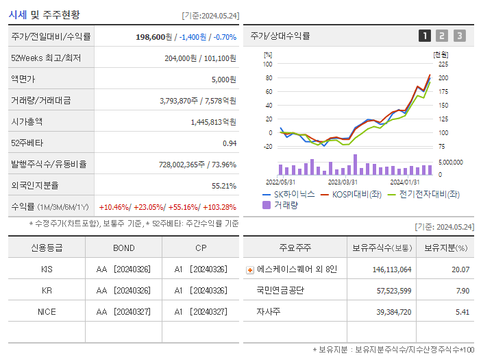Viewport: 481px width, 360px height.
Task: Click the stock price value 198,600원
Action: [x=155, y=37]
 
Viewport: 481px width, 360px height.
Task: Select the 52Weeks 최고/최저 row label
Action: [x=46, y=58]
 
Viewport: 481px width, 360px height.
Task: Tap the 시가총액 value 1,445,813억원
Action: [x=213, y=122]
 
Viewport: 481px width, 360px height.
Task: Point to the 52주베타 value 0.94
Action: [x=229, y=143]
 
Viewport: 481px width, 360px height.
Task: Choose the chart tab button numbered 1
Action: [x=425, y=36]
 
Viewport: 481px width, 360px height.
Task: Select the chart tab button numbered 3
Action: [x=459, y=36]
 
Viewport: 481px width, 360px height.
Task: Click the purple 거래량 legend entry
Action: [x=283, y=205]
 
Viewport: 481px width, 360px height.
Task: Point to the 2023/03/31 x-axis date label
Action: [x=343, y=182]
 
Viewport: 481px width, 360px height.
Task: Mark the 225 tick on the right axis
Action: [x=443, y=64]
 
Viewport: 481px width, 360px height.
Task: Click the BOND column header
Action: [x=124, y=248]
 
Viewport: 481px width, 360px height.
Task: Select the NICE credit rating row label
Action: [x=47, y=311]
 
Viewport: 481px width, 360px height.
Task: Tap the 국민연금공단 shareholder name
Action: [x=281, y=291]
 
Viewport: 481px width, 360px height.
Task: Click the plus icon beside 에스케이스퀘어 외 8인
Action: [x=250, y=270]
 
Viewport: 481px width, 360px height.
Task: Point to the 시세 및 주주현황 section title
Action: [x=44, y=14]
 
